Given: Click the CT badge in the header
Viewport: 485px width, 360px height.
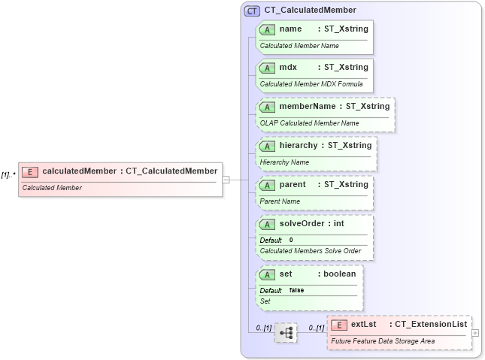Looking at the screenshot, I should tap(253, 11).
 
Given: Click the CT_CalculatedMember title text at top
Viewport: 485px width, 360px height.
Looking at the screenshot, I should tap(310, 11).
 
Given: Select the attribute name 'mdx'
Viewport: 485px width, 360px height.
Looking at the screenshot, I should tap(288, 68).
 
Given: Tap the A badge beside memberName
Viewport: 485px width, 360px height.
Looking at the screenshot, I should tap(267, 107).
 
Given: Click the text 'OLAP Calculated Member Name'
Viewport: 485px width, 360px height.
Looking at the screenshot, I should tap(309, 123).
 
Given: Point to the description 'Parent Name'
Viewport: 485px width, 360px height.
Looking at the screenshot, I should tap(280, 201).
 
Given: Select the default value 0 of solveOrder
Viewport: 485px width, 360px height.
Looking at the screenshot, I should tap(291, 240).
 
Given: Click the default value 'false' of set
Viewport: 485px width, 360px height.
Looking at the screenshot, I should tap(296, 290).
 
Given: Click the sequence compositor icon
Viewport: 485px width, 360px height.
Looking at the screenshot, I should tap(286, 332).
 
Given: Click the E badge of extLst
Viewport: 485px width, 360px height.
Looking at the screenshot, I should tap(339, 325).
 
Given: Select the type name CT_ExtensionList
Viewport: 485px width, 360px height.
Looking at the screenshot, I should tap(432, 324).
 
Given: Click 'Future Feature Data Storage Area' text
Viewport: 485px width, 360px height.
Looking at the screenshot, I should tap(383, 340).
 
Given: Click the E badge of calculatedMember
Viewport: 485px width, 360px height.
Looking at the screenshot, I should tap(30, 171).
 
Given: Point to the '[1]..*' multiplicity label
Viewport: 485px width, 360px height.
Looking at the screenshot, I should tap(9, 174).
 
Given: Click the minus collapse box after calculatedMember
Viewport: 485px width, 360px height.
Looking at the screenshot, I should tap(226, 180).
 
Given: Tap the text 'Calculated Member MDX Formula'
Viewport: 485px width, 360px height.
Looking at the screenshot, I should tap(311, 84).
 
